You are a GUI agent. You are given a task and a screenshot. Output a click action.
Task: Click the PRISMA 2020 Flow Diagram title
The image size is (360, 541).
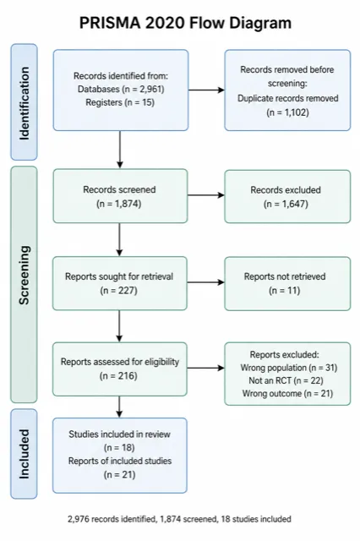click(x=186, y=23)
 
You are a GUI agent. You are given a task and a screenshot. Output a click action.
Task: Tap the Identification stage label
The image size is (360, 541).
click(x=25, y=103)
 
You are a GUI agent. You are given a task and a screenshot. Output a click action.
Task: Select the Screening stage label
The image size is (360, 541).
click(x=25, y=276)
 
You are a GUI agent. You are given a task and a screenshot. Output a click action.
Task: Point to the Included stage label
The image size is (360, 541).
click(x=25, y=454)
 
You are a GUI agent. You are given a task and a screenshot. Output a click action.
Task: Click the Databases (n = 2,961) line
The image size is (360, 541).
click(x=121, y=89)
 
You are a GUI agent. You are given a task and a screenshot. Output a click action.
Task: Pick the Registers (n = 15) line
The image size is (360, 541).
click(x=120, y=102)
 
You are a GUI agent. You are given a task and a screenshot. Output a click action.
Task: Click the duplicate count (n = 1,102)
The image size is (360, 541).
click(x=287, y=112)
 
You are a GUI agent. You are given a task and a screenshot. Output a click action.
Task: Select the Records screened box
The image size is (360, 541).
click(x=120, y=196)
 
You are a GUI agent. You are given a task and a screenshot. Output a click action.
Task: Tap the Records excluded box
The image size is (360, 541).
click(x=287, y=196)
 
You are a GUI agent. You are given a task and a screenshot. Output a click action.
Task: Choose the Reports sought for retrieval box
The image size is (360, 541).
click(x=120, y=283)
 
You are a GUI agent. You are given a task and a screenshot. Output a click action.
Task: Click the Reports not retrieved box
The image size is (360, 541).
click(x=287, y=284)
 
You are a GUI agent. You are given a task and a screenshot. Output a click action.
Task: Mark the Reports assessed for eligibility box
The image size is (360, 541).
click(x=120, y=369)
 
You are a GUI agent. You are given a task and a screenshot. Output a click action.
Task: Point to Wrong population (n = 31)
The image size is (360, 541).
click(x=289, y=368)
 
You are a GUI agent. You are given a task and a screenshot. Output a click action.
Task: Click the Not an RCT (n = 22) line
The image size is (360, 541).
click(x=286, y=380)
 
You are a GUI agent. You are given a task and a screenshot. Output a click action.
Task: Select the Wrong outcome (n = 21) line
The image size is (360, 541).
click(x=287, y=393)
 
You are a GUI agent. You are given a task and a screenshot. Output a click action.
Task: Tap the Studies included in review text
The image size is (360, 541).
click(x=120, y=434)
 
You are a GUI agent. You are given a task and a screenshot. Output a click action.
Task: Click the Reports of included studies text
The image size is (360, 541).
click(x=120, y=461)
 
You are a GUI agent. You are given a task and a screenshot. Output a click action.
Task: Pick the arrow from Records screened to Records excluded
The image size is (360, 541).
click(x=206, y=195)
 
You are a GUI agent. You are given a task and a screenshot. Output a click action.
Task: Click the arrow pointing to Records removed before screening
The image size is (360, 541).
click(x=206, y=90)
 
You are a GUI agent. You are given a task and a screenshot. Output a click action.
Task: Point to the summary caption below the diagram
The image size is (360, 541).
click(x=179, y=519)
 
